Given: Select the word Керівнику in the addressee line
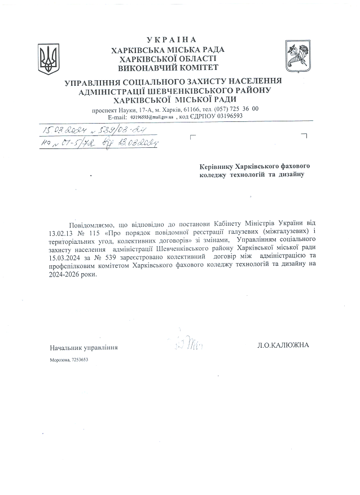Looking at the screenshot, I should click(221, 167).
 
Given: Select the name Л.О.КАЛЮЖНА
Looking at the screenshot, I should click(283, 345).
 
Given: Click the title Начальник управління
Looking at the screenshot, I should click(84, 348).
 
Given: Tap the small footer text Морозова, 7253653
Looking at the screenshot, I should click(69, 360).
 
